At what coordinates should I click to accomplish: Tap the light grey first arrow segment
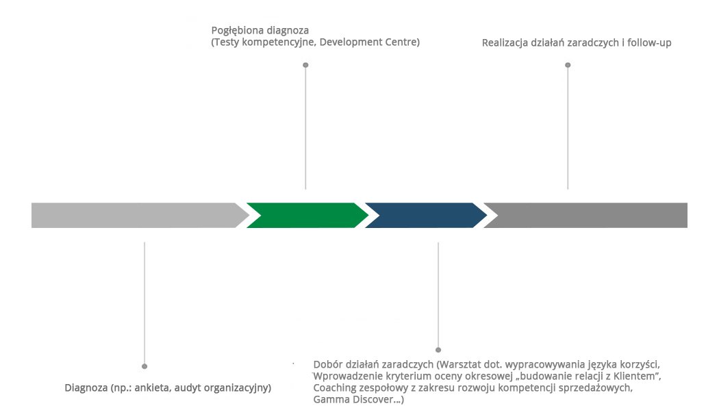click(137, 215)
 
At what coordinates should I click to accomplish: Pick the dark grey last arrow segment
click(589, 215)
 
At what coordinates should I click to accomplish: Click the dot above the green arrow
click(305, 65)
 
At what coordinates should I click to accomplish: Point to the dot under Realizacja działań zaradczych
click(568, 65)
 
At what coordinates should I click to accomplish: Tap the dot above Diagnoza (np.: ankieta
click(144, 366)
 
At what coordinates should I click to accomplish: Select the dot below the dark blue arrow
click(438, 350)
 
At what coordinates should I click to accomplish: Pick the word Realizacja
click(507, 42)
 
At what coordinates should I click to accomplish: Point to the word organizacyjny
click(238, 388)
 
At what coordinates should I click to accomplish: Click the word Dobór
click(327, 364)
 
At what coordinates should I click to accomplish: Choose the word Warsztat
click(464, 364)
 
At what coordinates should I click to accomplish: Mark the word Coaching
click(335, 388)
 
